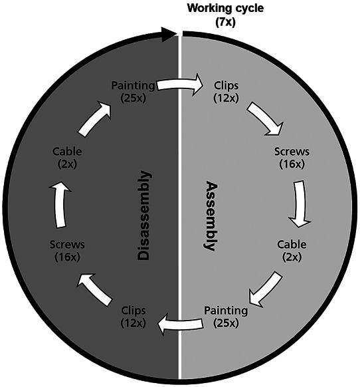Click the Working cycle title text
[x=225, y=8]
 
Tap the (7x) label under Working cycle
[x=225, y=23]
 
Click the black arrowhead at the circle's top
[x=169, y=33]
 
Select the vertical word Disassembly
[x=143, y=215]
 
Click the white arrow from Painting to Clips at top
[x=180, y=84]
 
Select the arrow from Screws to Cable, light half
[x=300, y=204]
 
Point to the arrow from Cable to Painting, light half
[x=264, y=289]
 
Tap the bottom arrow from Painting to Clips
[x=181, y=324]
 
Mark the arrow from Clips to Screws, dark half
[x=95, y=289]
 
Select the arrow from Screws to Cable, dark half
[x=60, y=205]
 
